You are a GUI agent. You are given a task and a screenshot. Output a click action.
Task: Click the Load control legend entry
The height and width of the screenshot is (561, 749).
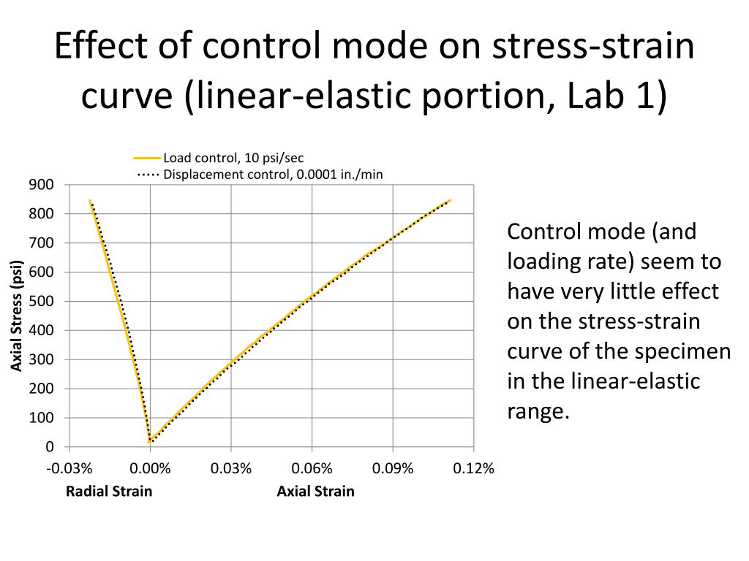233,158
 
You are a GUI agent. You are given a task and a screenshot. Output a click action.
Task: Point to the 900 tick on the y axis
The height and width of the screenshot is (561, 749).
42,184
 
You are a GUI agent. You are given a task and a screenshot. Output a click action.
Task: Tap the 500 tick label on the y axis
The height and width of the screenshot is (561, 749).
42,301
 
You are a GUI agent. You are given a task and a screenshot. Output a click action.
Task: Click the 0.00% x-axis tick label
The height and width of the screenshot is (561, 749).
151,468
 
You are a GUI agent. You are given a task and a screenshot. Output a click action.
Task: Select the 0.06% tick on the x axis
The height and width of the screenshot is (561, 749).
312,468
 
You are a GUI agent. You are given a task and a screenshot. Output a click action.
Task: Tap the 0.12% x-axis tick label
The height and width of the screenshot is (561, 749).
474,468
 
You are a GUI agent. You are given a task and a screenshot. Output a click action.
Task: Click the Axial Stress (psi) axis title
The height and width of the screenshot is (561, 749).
17,315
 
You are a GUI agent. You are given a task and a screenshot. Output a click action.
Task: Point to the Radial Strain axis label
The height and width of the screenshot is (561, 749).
109,491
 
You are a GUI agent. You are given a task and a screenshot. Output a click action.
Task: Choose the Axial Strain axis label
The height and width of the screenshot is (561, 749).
315,491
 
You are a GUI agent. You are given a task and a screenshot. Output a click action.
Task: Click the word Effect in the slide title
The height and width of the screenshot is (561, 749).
98,47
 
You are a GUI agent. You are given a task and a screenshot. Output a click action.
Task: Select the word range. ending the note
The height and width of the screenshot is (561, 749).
538,411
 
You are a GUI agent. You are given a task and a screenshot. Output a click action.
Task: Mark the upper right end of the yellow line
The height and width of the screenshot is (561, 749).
450,199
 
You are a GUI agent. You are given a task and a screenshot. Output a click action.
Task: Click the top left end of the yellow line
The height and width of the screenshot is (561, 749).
89,199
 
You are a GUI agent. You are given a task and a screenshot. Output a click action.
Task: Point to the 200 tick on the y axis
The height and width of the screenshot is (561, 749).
42,389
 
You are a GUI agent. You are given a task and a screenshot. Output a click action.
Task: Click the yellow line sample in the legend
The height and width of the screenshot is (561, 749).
147,158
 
